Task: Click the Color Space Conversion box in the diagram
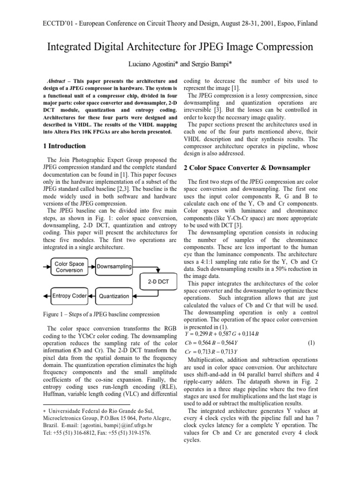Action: click(70, 267)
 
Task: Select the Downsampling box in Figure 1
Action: click(114, 267)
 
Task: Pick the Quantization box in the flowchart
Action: click(114, 296)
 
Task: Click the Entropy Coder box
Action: click(70, 296)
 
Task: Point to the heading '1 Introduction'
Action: click(64, 146)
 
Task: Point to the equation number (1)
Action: click(311, 343)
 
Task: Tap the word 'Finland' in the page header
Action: click(306, 23)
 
